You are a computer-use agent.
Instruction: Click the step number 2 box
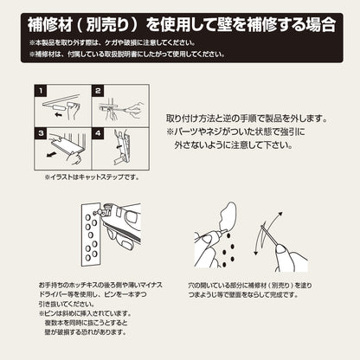coord(99,90)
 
